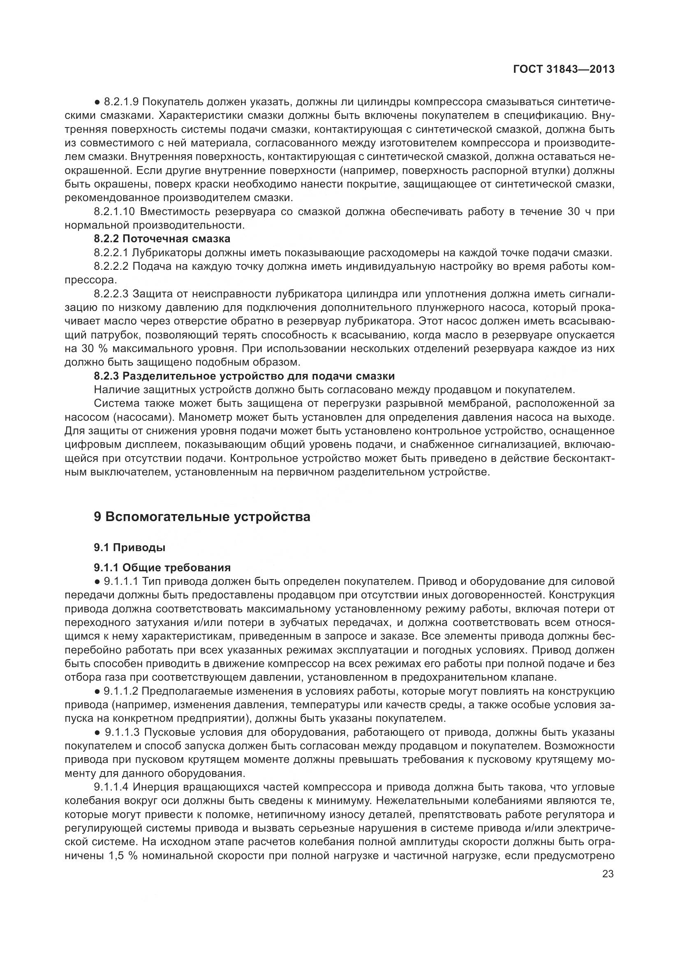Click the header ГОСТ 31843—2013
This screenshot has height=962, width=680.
point(564,69)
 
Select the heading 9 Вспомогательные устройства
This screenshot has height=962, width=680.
point(202,517)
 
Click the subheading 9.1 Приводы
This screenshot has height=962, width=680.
point(130,547)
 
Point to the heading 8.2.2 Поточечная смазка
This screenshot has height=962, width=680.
point(162,239)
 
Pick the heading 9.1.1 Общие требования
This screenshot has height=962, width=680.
point(162,567)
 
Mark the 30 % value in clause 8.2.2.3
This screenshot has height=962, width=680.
point(86,349)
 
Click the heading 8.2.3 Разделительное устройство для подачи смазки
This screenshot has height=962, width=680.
point(244,376)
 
